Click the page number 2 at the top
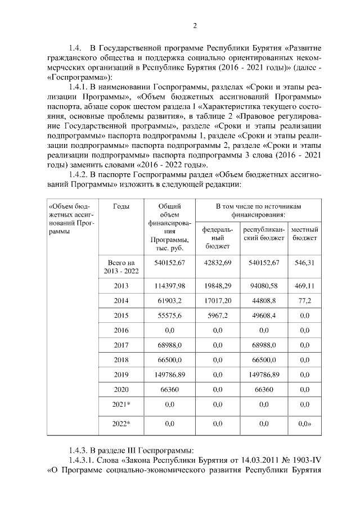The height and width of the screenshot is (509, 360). coord(195,25)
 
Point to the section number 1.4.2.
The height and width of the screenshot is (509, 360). coord(79,175)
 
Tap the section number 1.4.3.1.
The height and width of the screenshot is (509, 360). coord(82,462)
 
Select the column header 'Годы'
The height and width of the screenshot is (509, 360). coord(121,206)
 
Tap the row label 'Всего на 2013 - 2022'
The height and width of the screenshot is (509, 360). coord(121,267)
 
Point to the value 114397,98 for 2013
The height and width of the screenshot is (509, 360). coord(170,286)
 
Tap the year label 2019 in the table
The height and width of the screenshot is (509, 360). coord(121,374)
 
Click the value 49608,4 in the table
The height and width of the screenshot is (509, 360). coord(264,316)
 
